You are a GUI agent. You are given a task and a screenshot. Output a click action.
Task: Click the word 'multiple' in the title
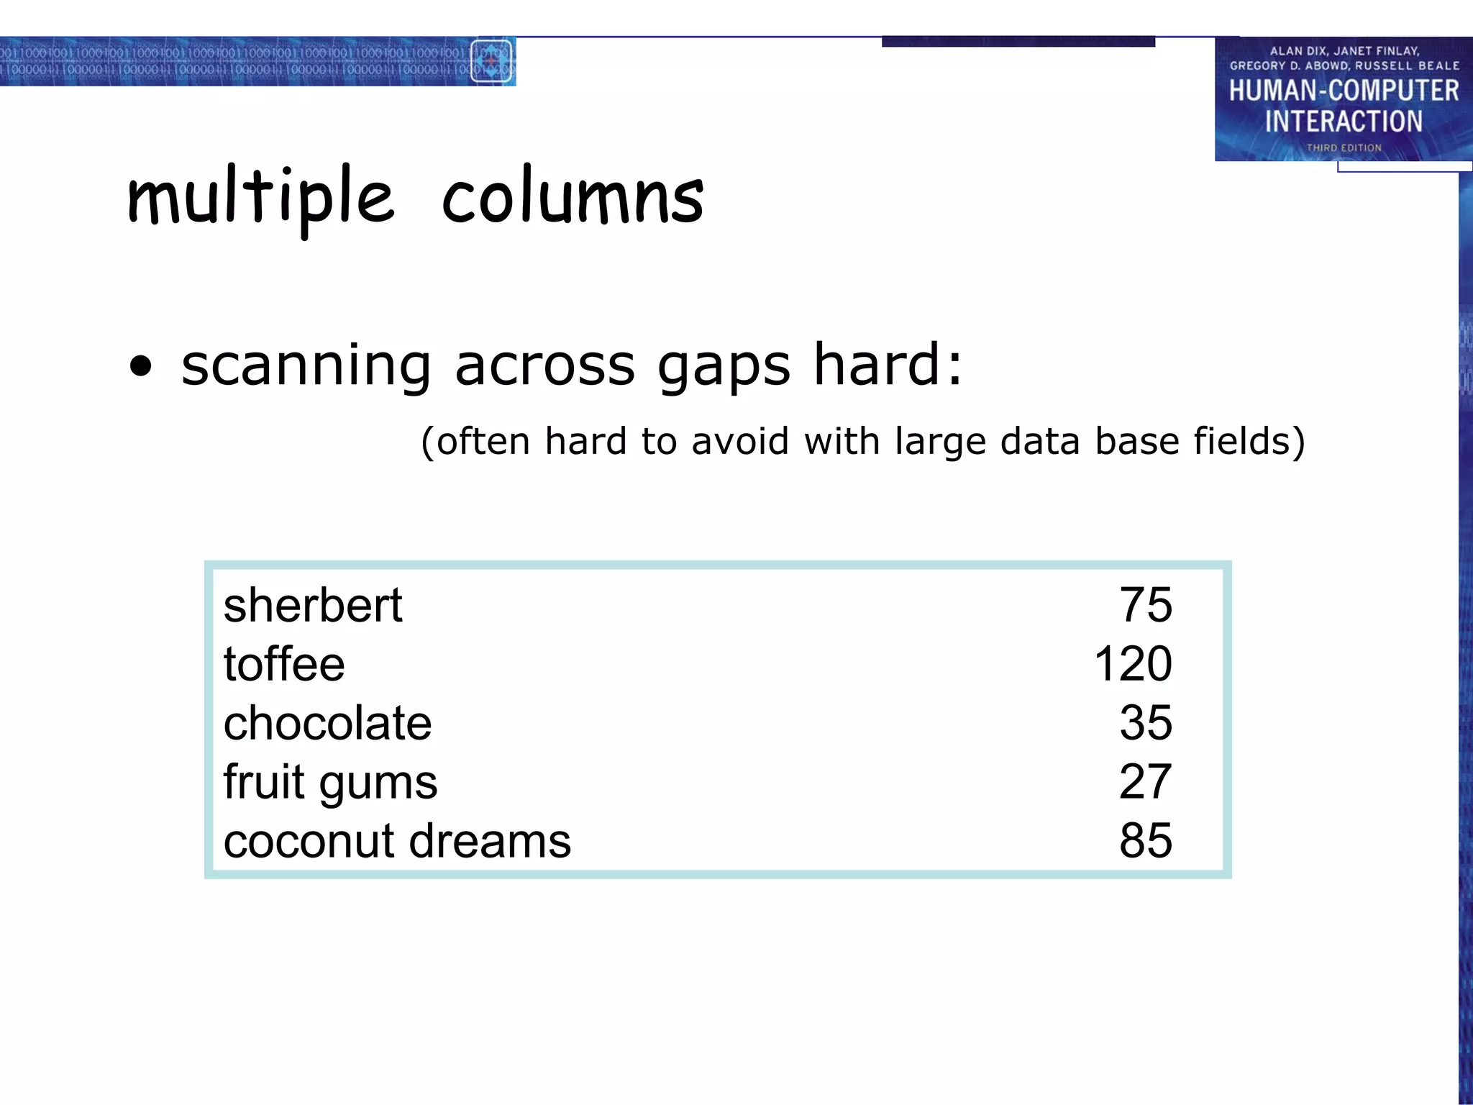pyautogui.click(x=260, y=197)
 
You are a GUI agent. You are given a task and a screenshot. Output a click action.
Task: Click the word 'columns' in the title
pyautogui.click(x=573, y=197)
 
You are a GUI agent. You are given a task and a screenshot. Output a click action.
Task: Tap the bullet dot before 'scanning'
pyautogui.click(x=142, y=366)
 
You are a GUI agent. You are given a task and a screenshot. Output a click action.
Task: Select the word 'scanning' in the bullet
pyautogui.click(x=306, y=366)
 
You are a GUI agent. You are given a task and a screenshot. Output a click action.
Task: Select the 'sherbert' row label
pyautogui.click(x=313, y=605)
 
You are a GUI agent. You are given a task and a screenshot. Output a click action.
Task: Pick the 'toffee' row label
pyautogui.click(x=284, y=664)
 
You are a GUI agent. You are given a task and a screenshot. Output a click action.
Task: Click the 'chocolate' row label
pyautogui.click(x=327, y=723)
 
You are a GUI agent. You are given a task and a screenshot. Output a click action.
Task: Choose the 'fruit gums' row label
pyautogui.click(x=330, y=782)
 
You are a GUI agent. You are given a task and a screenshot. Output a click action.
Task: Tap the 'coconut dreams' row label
pyautogui.click(x=397, y=841)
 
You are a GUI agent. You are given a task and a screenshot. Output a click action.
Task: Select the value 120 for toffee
pyautogui.click(x=1133, y=663)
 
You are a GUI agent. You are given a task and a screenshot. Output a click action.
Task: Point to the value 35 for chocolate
pyautogui.click(x=1146, y=722)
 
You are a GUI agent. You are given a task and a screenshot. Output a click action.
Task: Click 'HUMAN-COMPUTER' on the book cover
pyautogui.click(x=1344, y=91)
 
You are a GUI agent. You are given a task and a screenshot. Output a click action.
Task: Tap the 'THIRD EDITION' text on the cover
pyautogui.click(x=1344, y=147)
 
